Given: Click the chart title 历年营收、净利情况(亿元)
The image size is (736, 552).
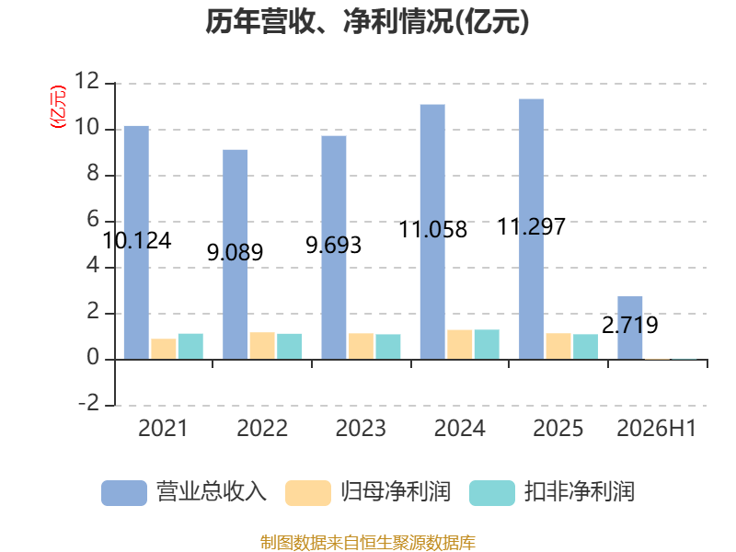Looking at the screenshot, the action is click(x=367, y=21).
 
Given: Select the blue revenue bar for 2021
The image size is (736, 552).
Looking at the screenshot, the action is click(x=136, y=243).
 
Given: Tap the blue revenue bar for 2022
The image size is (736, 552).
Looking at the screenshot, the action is click(x=236, y=255).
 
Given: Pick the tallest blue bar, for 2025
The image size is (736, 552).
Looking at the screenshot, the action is click(x=532, y=229).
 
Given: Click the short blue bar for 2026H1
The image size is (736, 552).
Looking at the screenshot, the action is click(x=630, y=328).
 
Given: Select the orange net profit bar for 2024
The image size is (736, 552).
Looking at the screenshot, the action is click(x=459, y=344).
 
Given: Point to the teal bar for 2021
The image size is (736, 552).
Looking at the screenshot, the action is click(x=190, y=347).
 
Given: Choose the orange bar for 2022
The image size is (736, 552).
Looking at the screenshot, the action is click(x=262, y=346).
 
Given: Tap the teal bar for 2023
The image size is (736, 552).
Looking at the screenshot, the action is click(x=388, y=347).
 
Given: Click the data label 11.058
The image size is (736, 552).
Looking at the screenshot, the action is click(x=432, y=229).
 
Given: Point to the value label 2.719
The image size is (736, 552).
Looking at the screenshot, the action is click(x=630, y=325).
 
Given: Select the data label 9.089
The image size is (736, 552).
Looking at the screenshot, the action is click(x=236, y=252).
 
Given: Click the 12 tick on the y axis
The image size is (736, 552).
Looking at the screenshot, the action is click(x=87, y=81).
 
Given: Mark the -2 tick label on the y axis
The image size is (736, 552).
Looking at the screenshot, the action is click(x=88, y=403).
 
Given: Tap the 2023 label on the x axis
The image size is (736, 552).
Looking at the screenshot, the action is click(x=361, y=428).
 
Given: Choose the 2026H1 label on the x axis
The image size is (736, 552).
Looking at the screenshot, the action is click(x=656, y=428).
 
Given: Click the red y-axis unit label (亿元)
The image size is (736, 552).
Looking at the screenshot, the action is click(x=58, y=107).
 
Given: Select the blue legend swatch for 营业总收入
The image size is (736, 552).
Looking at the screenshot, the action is click(x=124, y=493).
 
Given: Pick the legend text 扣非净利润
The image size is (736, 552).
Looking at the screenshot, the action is click(x=580, y=492).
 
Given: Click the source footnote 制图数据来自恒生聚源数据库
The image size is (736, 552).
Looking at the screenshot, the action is click(x=367, y=543).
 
